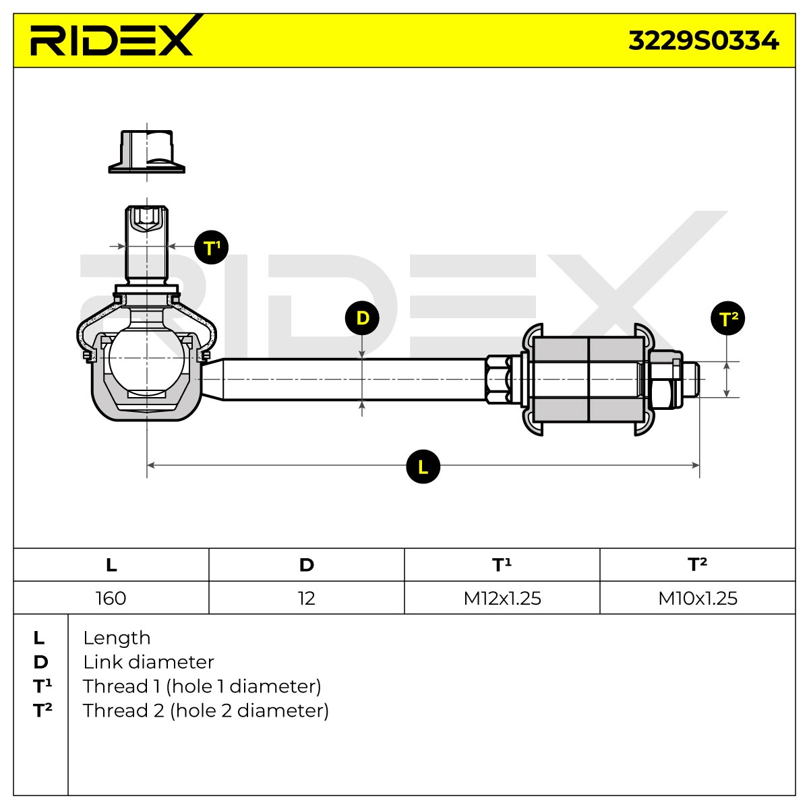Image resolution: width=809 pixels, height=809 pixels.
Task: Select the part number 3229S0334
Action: (703, 41)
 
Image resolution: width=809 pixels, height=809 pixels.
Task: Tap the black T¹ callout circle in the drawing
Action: (211, 247)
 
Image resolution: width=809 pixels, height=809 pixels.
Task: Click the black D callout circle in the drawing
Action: (362, 318)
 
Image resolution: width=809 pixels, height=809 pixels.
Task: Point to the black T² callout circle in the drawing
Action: (727, 318)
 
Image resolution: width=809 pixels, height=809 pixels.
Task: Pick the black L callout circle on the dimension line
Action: (423, 467)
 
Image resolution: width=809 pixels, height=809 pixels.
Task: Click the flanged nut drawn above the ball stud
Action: (146, 152)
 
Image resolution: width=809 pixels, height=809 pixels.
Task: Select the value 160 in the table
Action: (111, 598)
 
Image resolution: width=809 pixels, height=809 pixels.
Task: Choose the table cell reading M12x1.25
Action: (502, 598)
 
